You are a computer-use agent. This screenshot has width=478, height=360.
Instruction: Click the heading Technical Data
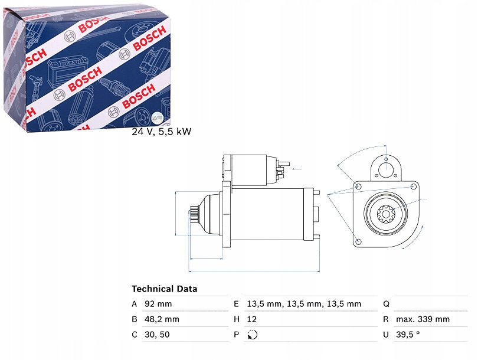pyautogui.click(x=164, y=289)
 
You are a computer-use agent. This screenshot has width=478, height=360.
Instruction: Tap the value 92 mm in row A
pyautogui.click(x=158, y=304)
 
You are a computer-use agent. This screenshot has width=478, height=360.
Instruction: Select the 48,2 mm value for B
pyautogui.click(x=162, y=319)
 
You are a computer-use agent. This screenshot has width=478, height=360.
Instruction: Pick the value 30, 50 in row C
pyautogui.click(x=157, y=335)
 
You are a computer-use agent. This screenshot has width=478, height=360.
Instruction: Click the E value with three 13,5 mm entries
pyautogui.click(x=304, y=304)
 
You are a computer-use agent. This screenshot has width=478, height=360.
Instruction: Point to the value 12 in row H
pyautogui.click(x=251, y=319)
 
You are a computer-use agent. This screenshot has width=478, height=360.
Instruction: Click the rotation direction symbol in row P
pyautogui.click(x=253, y=335)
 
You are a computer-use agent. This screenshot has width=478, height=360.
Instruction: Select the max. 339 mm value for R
pyautogui.click(x=423, y=319)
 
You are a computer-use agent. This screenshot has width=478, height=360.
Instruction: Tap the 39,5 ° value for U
pyautogui.click(x=408, y=335)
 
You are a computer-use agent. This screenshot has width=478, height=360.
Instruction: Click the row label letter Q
pyautogui.click(x=386, y=304)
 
